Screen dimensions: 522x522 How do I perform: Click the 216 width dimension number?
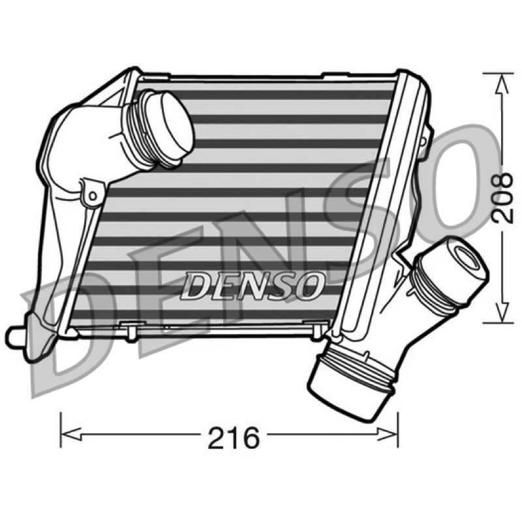pos(234,437)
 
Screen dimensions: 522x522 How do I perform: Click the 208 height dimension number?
pos(501,198)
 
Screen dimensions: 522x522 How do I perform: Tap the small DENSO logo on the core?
pos(252,286)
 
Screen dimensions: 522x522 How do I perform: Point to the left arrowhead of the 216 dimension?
pos(71,434)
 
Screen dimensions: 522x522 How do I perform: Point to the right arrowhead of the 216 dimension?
pos(387,433)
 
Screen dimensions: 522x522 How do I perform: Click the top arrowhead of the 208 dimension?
pos(502,84)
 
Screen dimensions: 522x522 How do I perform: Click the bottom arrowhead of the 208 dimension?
pos(503,312)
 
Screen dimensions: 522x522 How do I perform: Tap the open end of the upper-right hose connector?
pos(468,257)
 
